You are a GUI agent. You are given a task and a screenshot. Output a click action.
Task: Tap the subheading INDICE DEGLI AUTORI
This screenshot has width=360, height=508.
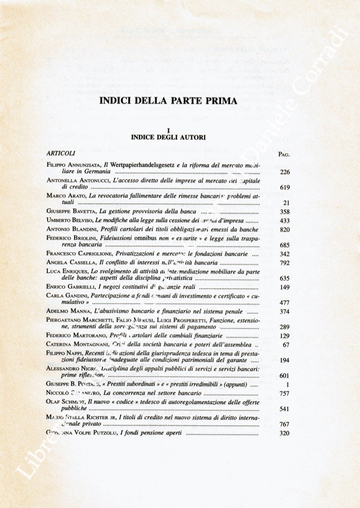click(168, 137)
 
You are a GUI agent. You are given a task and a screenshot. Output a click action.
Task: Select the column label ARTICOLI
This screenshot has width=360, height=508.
click(61, 152)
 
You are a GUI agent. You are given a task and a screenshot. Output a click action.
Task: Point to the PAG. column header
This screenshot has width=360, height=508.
click(283, 154)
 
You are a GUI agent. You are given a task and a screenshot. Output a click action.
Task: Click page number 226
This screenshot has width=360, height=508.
click(284, 173)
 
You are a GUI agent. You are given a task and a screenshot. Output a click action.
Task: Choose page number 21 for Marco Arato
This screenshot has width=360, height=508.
click(286, 203)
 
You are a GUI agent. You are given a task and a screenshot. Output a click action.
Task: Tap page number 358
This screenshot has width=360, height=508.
click(284, 212)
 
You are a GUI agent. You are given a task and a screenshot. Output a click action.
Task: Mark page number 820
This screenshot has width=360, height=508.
click(284, 230)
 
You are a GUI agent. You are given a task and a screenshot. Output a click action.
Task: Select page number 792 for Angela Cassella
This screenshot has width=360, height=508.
click(284, 262)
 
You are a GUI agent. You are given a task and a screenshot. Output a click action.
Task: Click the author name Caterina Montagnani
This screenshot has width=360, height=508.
click(78, 344)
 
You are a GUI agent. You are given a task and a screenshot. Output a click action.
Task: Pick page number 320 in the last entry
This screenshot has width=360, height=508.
click(284, 433)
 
